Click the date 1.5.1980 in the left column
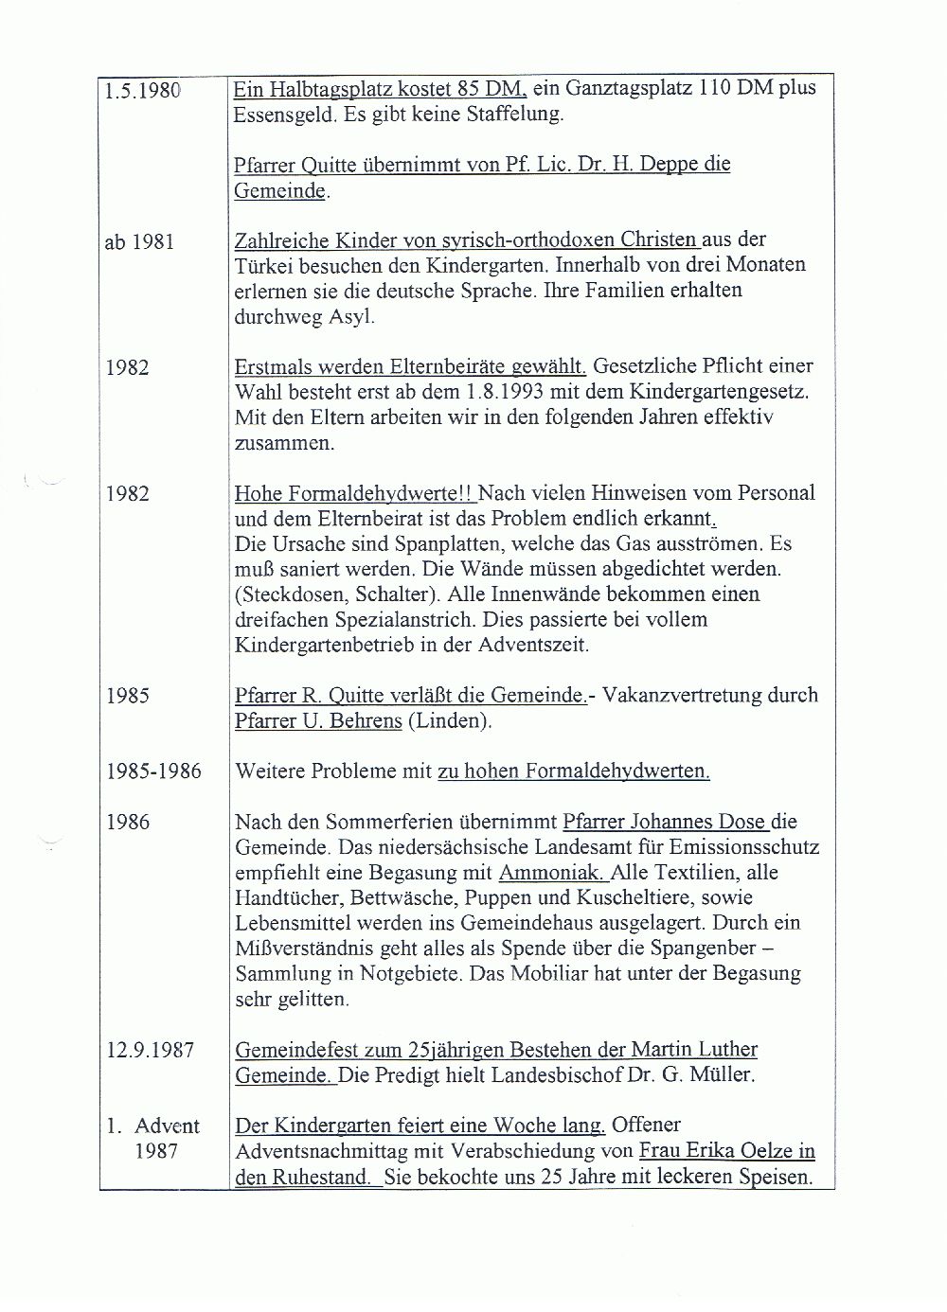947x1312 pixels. tap(142, 90)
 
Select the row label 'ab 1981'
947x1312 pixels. tap(139, 241)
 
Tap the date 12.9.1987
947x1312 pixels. tap(149, 1051)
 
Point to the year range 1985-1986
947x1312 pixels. tap(153, 771)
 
